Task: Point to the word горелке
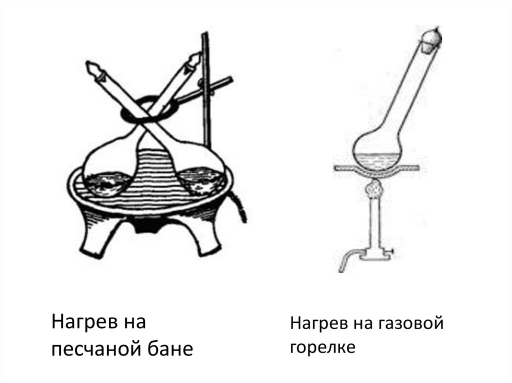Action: pyautogui.click(x=322, y=347)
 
